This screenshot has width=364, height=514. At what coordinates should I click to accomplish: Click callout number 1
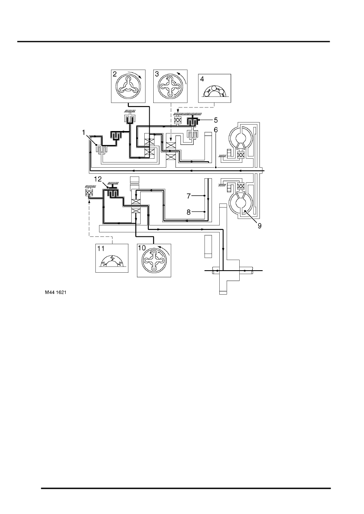[x=84, y=132]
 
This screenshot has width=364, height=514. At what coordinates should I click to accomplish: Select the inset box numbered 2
[x=128, y=86]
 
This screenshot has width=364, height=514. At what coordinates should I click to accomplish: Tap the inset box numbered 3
[x=170, y=86]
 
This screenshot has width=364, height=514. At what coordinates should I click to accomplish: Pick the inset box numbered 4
[x=215, y=88]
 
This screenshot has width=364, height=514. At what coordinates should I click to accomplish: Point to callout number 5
[x=216, y=120]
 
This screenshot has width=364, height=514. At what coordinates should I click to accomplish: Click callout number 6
[x=216, y=130]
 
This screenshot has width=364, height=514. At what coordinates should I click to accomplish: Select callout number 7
[x=189, y=196]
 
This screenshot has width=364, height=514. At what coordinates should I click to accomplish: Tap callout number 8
[x=189, y=212]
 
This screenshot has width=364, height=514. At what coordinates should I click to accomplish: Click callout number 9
[x=259, y=226]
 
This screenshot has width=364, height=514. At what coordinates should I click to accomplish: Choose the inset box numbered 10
[x=154, y=260]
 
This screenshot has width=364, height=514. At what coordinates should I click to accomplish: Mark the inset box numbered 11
[x=112, y=258]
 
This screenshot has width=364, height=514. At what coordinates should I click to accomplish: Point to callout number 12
[x=98, y=179]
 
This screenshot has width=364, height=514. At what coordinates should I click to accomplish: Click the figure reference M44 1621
[x=55, y=293]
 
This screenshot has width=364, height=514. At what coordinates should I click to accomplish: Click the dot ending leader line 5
[x=199, y=120]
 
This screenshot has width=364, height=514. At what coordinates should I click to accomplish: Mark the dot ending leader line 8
[x=204, y=212]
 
